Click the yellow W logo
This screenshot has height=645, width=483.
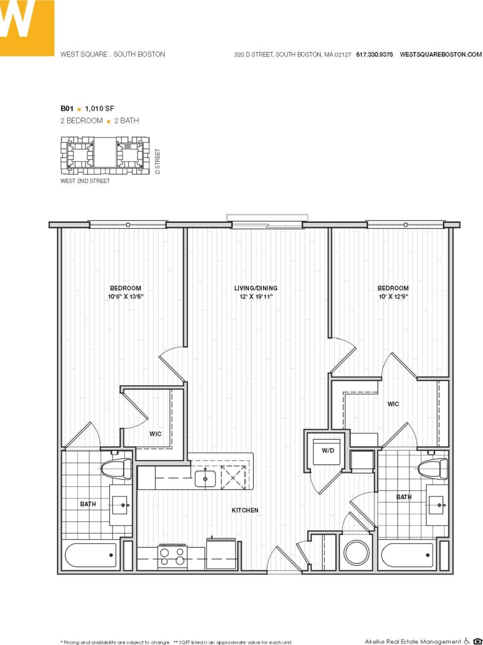coord(27,27)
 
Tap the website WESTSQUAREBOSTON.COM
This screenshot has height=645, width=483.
coord(441,55)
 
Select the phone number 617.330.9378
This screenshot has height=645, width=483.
coord(374,55)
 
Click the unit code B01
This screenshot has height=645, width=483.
coord(67,108)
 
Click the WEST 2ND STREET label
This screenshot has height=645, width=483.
coord(85,181)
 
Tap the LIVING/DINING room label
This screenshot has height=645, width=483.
coord(256,288)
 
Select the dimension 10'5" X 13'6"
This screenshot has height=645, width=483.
coord(126,296)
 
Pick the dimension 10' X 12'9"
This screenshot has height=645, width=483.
coord(393,296)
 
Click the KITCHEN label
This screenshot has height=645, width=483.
coord(245,510)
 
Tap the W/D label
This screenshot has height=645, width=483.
coord(328,451)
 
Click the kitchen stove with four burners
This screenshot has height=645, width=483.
coord(172,557)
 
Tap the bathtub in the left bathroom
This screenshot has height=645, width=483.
coord(90,555)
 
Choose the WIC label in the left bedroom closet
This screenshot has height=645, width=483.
coord(156,434)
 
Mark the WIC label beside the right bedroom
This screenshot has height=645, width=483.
coord(393,404)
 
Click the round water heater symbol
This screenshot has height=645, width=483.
coord(356,553)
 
